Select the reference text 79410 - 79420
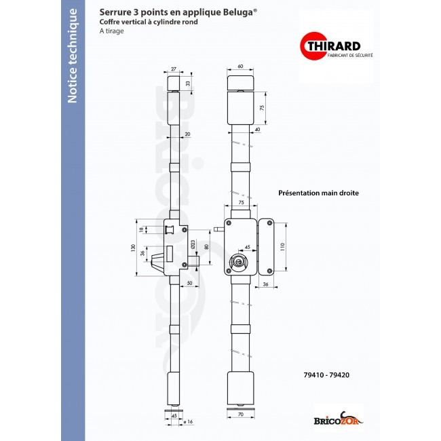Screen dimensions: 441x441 [326, 374]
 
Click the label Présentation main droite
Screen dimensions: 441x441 [318, 193]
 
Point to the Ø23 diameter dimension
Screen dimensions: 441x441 [193, 243]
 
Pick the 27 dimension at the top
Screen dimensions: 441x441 [173, 69]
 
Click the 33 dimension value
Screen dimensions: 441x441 [188, 83]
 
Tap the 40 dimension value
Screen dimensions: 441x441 [258, 129]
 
